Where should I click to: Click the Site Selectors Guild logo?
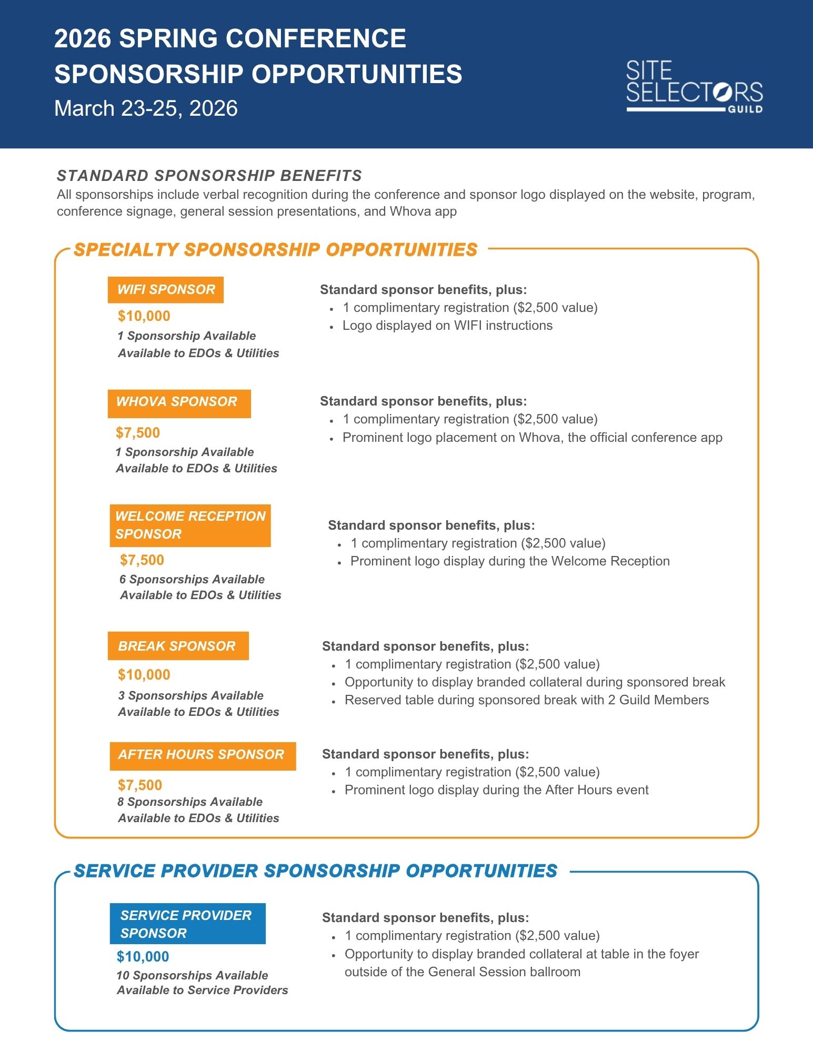point(694,86)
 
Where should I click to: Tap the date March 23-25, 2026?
point(146,108)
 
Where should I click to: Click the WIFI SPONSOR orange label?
point(166,290)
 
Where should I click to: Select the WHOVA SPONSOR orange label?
point(179,403)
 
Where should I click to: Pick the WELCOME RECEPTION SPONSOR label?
point(190,525)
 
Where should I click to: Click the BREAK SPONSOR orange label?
point(178,646)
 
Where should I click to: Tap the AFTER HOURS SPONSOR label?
point(203,755)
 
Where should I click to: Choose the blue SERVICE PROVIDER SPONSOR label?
point(187,924)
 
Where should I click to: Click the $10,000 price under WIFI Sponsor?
point(144,316)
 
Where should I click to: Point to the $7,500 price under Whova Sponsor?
point(138,433)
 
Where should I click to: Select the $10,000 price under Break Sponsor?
point(144,675)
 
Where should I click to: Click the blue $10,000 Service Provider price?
point(143,956)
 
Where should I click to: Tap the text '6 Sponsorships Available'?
point(192,579)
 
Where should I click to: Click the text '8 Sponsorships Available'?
point(190,802)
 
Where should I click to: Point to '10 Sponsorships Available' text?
point(193,975)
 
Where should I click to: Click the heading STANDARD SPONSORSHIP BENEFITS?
point(209,176)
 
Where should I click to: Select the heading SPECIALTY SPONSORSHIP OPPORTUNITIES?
point(275,250)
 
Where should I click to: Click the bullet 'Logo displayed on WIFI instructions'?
point(447,326)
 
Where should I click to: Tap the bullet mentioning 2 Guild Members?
point(526,700)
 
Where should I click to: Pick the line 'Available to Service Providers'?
point(203,990)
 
